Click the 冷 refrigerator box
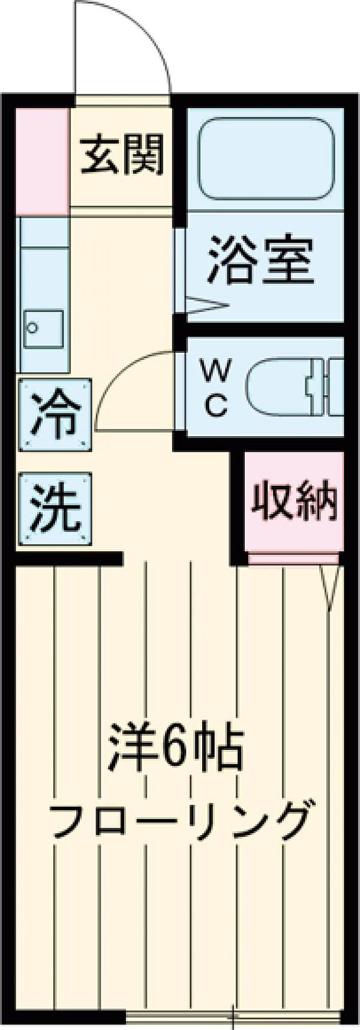(x=56, y=414)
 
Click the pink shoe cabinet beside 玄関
(x=42, y=161)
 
